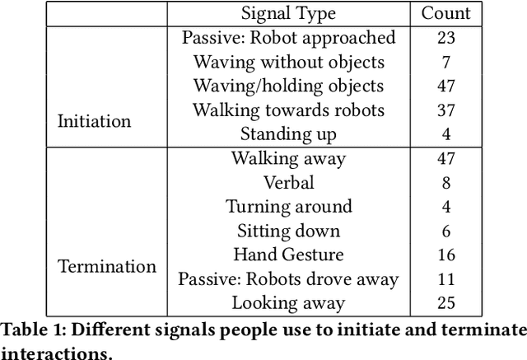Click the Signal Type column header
tap(289, 13)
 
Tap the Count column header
tap(445, 13)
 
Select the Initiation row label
tap(94, 121)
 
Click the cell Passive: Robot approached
tap(288, 38)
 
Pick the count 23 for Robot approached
tap(445, 38)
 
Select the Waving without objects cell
tap(288, 62)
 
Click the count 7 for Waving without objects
tap(445, 62)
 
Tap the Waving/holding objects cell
tap(288, 86)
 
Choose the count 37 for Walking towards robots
tap(445, 110)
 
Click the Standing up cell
tap(288, 133)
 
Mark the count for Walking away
tap(445, 158)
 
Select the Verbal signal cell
tap(288, 182)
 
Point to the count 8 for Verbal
tap(445, 182)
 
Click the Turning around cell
tap(288, 206)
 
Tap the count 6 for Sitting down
tap(445, 231)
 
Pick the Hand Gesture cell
tap(288, 255)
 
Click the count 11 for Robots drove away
tap(445, 278)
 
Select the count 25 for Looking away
tap(445, 302)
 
